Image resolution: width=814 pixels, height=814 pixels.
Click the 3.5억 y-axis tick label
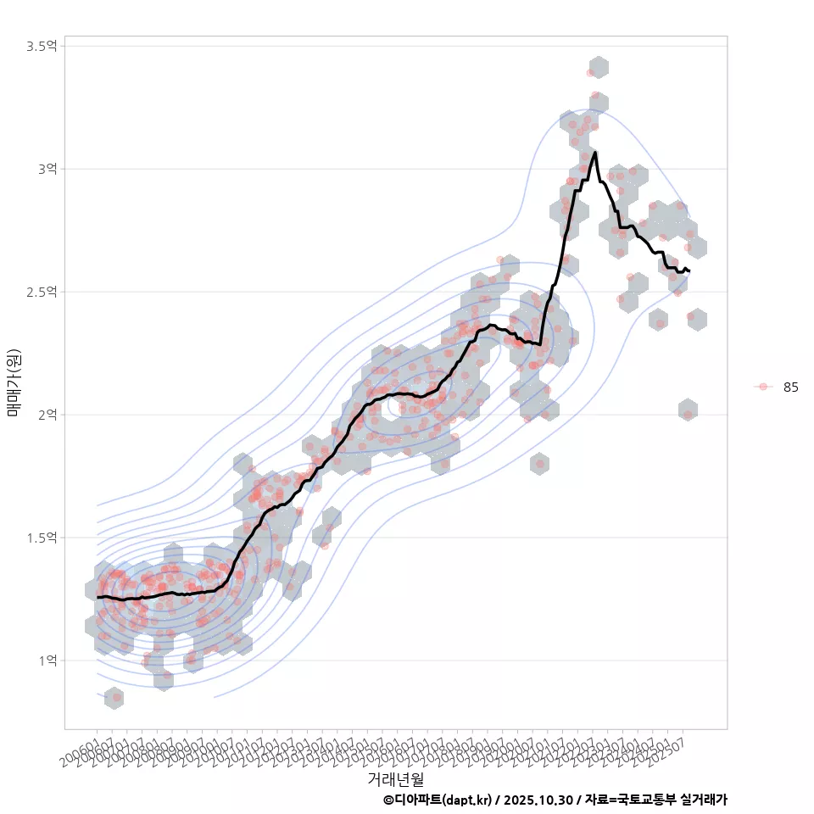click(x=41, y=46)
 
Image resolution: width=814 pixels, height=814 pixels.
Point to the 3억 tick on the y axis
click(x=46, y=169)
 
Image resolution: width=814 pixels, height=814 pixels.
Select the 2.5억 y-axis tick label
click(x=41, y=292)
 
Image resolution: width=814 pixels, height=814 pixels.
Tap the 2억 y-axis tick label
click(x=46, y=415)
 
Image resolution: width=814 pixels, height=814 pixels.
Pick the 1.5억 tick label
click(x=41, y=538)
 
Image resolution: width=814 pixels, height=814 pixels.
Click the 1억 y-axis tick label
click(x=46, y=661)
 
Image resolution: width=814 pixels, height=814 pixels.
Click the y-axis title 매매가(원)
click(x=14, y=382)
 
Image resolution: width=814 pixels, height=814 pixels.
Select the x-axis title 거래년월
click(x=396, y=778)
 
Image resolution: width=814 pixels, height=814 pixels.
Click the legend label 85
click(x=791, y=387)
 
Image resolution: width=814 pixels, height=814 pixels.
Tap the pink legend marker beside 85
click(x=763, y=387)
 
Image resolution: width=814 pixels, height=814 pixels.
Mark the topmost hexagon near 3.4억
click(x=599, y=68)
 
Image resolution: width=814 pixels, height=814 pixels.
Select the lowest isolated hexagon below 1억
click(x=114, y=699)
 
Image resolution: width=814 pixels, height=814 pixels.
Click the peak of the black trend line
click(x=595, y=153)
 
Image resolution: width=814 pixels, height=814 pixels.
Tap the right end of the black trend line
click(x=689, y=271)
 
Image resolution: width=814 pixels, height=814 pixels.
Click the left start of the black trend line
click(x=98, y=598)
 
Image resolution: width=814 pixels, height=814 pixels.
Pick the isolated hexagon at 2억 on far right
click(x=688, y=410)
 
